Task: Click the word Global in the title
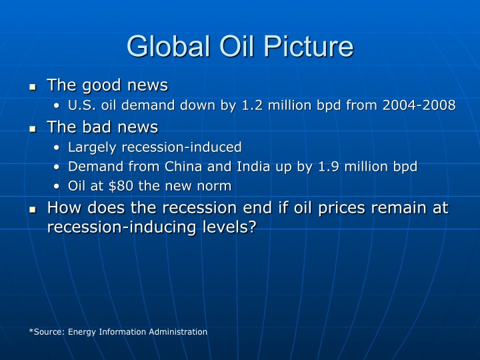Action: tap(168, 46)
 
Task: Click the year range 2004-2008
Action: tap(419, 105)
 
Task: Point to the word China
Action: tap(183, 167)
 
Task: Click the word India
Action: tap(249, 167)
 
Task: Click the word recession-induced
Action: tap(181, 147)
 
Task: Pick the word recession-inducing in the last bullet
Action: tap(121, 227)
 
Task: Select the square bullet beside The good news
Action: tap(33, 87)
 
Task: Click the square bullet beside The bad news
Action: tap(33, 129)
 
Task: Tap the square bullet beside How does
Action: tap(33, 210)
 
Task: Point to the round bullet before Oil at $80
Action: tap(56, 187)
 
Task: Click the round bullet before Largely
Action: tap(56, 148)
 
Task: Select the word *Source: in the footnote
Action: tap(47, 332)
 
